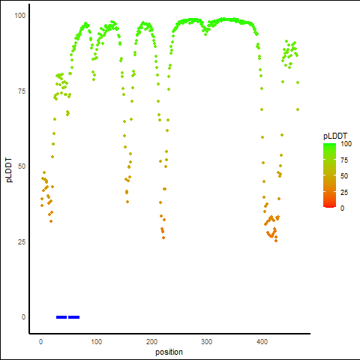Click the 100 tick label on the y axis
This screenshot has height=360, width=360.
[x=20, y=16]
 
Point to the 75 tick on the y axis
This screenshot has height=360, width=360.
[x=22, y=91]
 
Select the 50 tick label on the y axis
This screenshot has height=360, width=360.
[x=22, y=166]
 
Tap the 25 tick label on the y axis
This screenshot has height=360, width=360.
[x=22, y=242]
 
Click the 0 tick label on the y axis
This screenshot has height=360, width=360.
[x=23, y=317]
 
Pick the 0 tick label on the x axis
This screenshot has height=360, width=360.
[x=40, y=342]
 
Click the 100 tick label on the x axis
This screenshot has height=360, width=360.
[x=96, y=342]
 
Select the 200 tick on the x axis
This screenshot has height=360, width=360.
[x=151, y=342]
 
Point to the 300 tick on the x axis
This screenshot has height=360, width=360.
[x=206, y=342]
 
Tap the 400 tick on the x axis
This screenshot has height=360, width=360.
[x=262, y=342]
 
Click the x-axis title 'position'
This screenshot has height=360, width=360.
[x=169, y=352]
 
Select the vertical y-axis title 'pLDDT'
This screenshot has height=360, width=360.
[x=9, y=170]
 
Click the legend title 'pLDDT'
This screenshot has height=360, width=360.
[x=335, y=136]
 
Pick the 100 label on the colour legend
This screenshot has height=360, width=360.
[x=346, y=144]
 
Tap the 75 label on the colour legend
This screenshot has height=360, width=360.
[x=344, y=160]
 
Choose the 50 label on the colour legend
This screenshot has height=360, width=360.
[x=344, y=176]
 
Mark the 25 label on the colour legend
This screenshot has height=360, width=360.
[x=344, y=193]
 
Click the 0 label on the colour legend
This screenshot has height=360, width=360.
[x=342, y=208]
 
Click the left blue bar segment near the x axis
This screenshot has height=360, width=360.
[x=61, y=317]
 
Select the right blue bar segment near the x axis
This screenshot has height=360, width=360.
[x=74, y=317]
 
